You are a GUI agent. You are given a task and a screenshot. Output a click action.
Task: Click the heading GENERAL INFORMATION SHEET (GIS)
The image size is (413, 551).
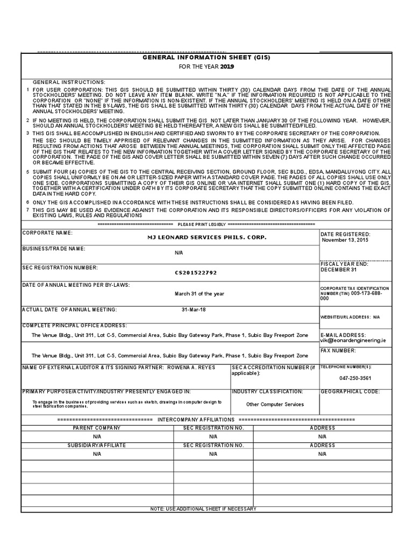(206, 57)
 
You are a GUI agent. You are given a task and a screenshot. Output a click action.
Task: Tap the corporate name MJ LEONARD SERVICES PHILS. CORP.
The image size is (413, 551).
(206, 237)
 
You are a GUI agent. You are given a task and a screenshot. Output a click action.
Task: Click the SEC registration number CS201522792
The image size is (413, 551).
(196, 273)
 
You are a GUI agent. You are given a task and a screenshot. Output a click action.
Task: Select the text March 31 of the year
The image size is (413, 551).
(199, 294)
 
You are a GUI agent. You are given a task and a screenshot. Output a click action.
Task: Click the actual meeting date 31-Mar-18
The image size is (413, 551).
(194, 309)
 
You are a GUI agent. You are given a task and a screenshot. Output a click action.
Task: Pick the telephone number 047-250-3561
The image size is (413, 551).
(355, 378)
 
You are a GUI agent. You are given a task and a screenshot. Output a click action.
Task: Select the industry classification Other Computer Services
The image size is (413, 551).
(275, 404)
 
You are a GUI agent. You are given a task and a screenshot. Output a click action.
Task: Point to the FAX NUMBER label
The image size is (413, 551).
(338, 350)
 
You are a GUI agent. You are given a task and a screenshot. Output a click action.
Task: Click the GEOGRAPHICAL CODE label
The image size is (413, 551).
(350, 392)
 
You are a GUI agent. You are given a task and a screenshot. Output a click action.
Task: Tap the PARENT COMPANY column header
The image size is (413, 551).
(97, 428)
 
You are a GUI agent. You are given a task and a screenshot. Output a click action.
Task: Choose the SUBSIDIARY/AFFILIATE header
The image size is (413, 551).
(97, 446)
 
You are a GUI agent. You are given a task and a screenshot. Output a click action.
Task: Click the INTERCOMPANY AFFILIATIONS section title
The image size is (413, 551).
(196, 419)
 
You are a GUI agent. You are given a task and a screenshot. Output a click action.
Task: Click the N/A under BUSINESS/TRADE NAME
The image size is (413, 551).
(179, 252)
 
